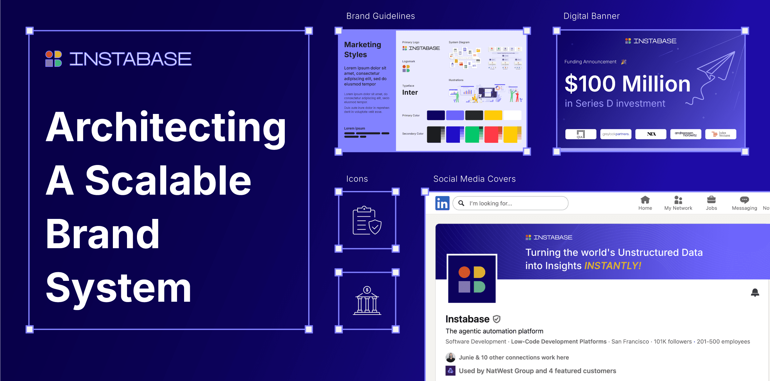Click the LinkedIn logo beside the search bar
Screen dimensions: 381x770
click(442, 203)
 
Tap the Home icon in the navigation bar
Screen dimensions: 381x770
click(645, 200)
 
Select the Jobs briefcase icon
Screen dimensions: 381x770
click(711, 200)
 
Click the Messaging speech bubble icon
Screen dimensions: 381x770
click(744, 200)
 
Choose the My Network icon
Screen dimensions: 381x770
click(678, 200)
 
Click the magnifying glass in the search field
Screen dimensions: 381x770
click(461, 203)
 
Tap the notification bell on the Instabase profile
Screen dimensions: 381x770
click(755, 292)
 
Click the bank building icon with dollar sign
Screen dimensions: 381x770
click(367, 301)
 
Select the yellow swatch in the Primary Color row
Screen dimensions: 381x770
click(493, 115)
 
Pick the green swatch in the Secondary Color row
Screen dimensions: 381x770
click(473, 134)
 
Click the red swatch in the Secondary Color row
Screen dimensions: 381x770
click(493, 134)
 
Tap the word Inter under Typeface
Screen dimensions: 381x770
click(410, 92)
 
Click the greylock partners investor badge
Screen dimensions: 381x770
click(615, 134)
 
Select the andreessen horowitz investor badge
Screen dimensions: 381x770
click(685, 134)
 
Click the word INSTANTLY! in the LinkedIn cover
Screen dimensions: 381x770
click(613, 266)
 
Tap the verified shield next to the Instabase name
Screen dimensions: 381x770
click(496, 319)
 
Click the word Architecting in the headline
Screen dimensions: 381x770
click(165, 127)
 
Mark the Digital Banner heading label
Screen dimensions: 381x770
click(591, 16)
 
